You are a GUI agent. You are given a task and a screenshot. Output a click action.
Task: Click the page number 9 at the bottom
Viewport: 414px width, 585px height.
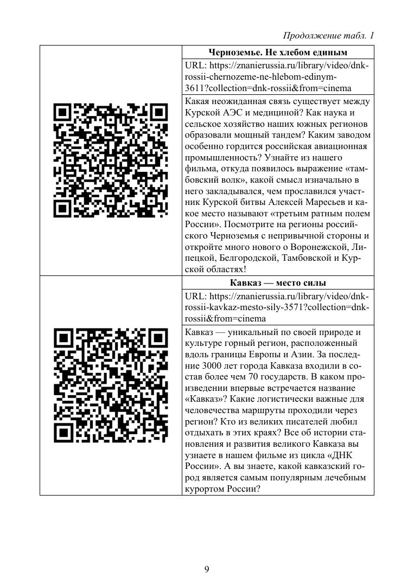(207, 569)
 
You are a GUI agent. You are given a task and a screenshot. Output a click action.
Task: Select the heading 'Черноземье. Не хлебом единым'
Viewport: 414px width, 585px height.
(278, 53)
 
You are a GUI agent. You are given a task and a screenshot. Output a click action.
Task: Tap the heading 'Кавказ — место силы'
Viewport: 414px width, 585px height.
(278, 283)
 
